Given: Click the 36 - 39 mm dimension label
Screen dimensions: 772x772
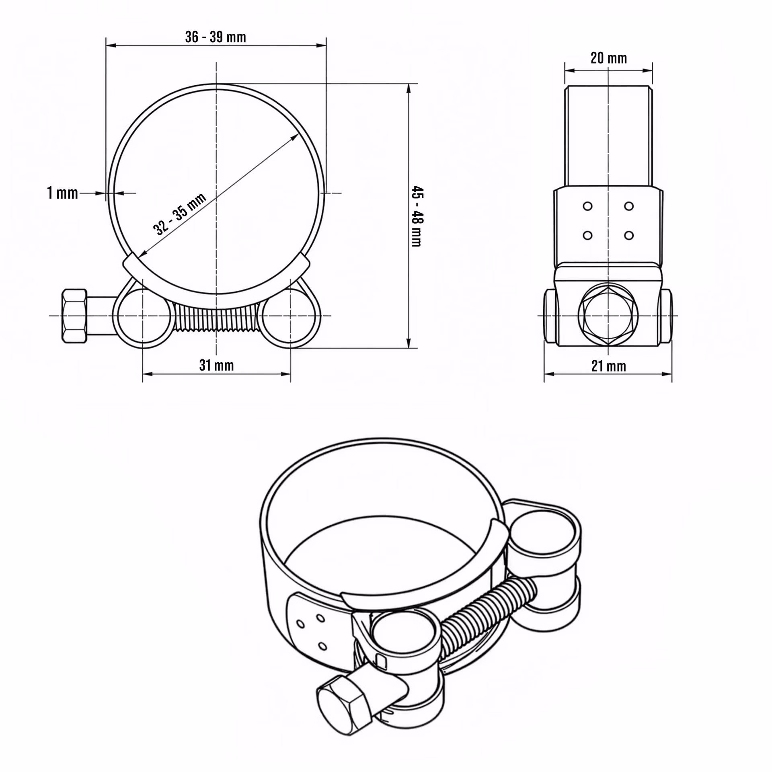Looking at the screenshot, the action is (x=216, y=37).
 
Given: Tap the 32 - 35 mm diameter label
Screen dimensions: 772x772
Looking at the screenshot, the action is (x=180, y=214).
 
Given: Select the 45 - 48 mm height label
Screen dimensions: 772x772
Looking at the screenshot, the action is (x=417, y=216).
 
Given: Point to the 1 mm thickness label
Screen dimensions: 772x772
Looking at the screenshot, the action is (x=62, y=193).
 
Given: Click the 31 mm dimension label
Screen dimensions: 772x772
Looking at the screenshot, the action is (x=216, y=365).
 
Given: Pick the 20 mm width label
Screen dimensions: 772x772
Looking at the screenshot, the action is (x=608, y=58).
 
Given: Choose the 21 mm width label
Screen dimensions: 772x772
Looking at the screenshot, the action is (x=608, y=366).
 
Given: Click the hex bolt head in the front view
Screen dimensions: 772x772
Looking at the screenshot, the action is (x=74, y=316).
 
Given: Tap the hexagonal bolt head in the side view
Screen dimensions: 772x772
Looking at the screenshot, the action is (x=608, y=316).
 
